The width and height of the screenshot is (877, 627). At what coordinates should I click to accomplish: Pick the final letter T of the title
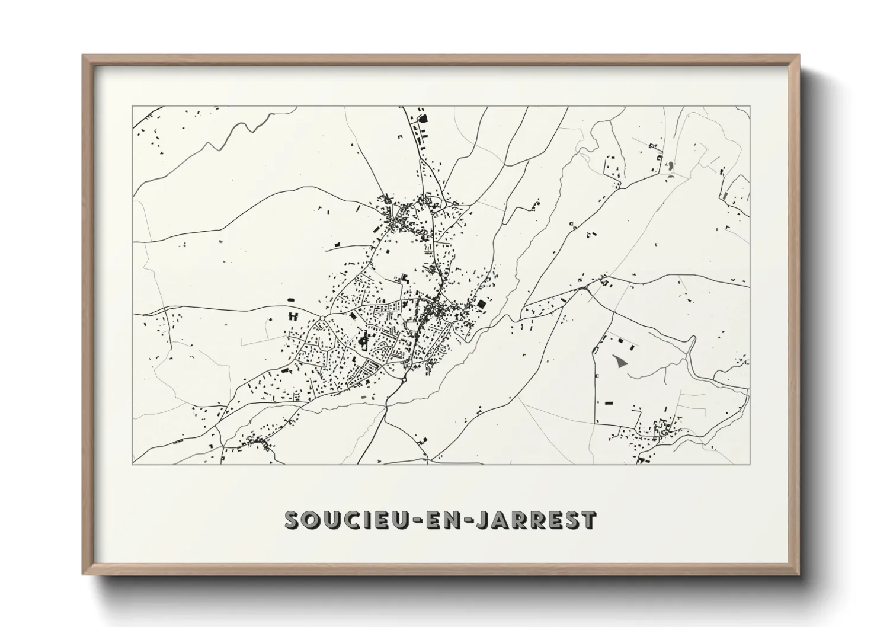tap(587, 520)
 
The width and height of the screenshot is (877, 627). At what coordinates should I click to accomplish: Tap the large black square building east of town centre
tap(481, 303)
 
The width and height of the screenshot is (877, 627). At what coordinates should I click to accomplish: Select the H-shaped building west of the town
tap(293, 315)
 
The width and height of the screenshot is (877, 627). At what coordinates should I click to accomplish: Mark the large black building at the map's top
tap(423, 119)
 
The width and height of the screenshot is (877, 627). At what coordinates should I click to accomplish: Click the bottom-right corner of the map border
tap(750, 464)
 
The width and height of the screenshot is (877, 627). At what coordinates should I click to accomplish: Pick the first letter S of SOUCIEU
tap(293, 520)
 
